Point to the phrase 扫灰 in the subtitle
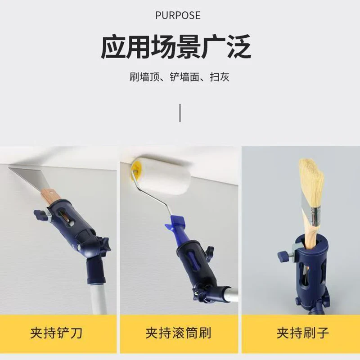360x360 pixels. pos(220,77)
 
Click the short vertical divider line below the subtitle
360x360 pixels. pos(180,112)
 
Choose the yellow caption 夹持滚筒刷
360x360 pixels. pos(179,333)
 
